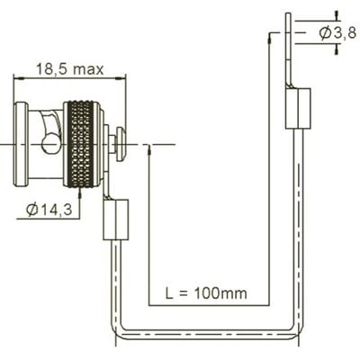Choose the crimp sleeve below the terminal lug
pos(297,106)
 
